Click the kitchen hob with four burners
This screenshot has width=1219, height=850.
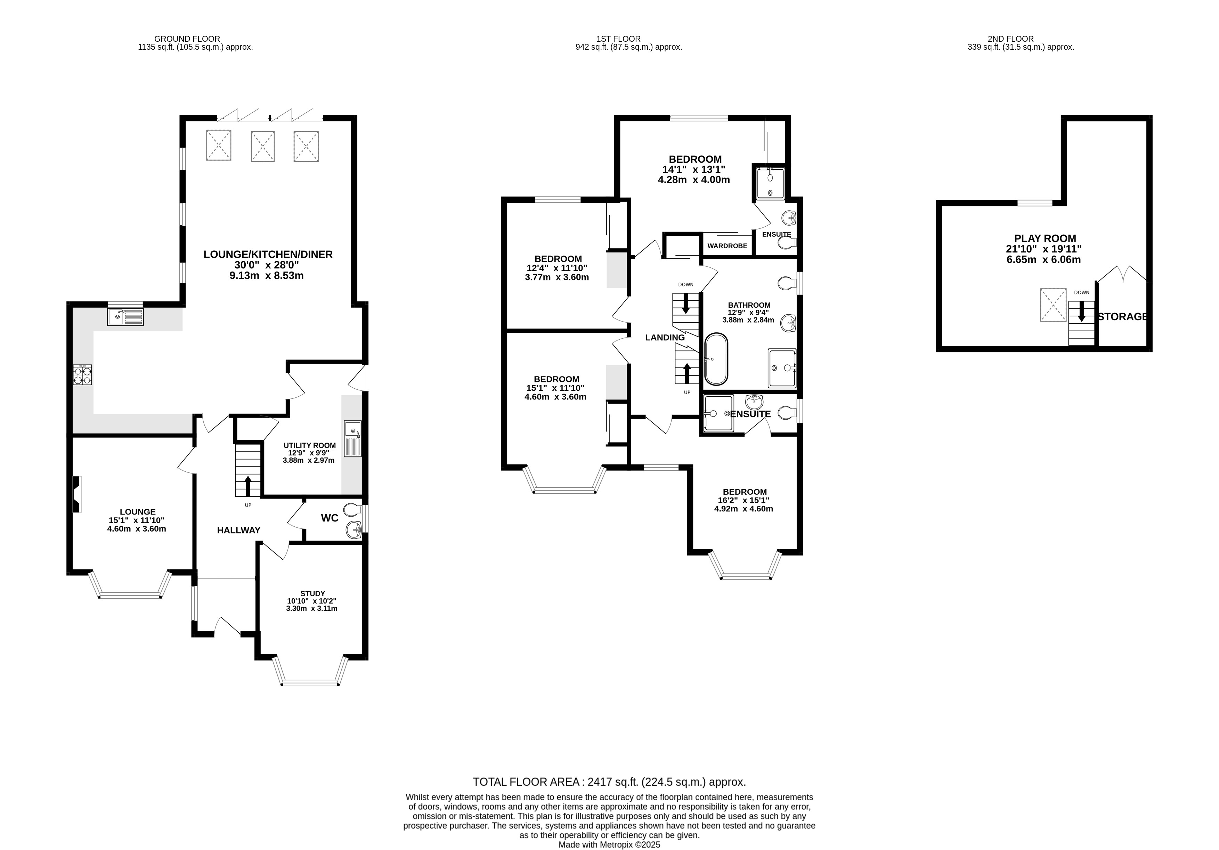pyautogui.click(x=82, y=375)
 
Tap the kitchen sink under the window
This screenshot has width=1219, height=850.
pyautogui.click(x=125, y=317)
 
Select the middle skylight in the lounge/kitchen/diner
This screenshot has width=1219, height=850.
pyautogui.click(x=262, y=146)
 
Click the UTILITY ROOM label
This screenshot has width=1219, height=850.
pyautogui.click(x=309, y=445)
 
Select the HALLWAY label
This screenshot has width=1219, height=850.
pyautogui.click(x=238, y=530)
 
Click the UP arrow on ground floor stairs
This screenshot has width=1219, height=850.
pyautogui.click(x=247, y=486)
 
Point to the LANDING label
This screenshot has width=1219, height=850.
pyautogui.click(x=665, y=338)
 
